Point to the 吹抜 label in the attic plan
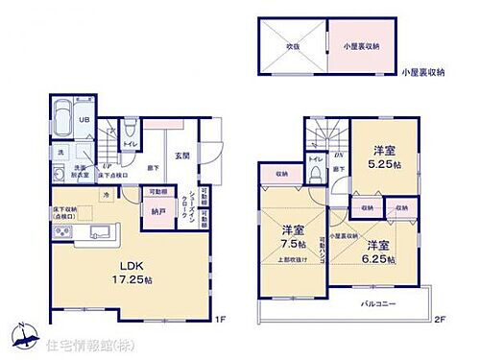[x=287, y=43]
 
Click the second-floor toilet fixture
[x=316, y=174]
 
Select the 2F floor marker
[x=439, y=319]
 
